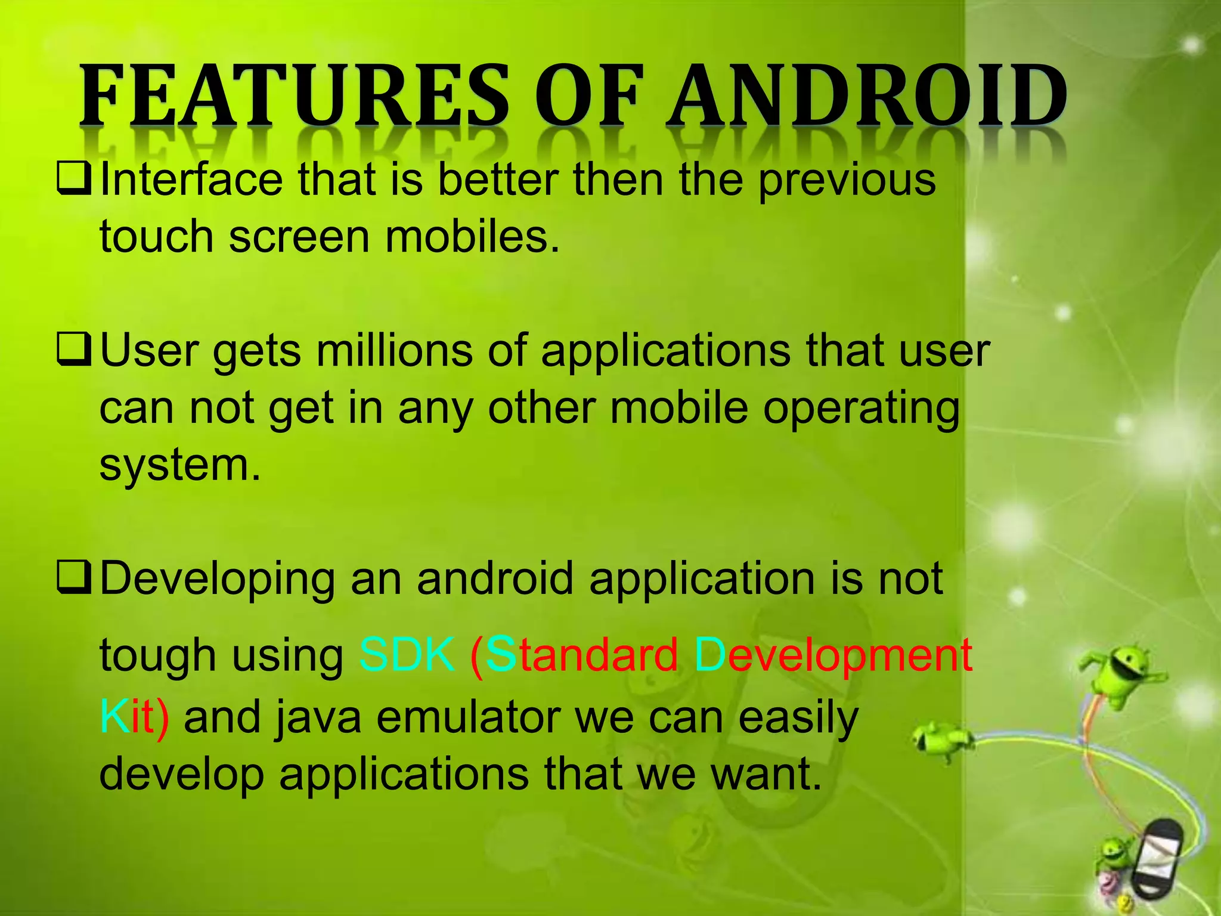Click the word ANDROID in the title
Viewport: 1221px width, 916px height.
[x=867, y=97]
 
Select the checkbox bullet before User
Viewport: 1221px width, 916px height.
[x=74, y=351]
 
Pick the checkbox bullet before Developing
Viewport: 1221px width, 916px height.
[x=74, y=579]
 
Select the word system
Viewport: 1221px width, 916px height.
[x=179, y=465]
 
